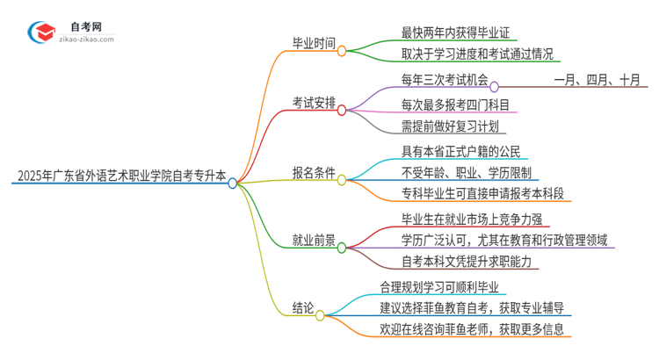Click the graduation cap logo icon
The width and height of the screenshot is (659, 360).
point(40,32)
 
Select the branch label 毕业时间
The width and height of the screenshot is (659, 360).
point(318,42)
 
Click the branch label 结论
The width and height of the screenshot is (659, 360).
point(303,308)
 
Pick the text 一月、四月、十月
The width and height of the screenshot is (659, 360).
point(597,80)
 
